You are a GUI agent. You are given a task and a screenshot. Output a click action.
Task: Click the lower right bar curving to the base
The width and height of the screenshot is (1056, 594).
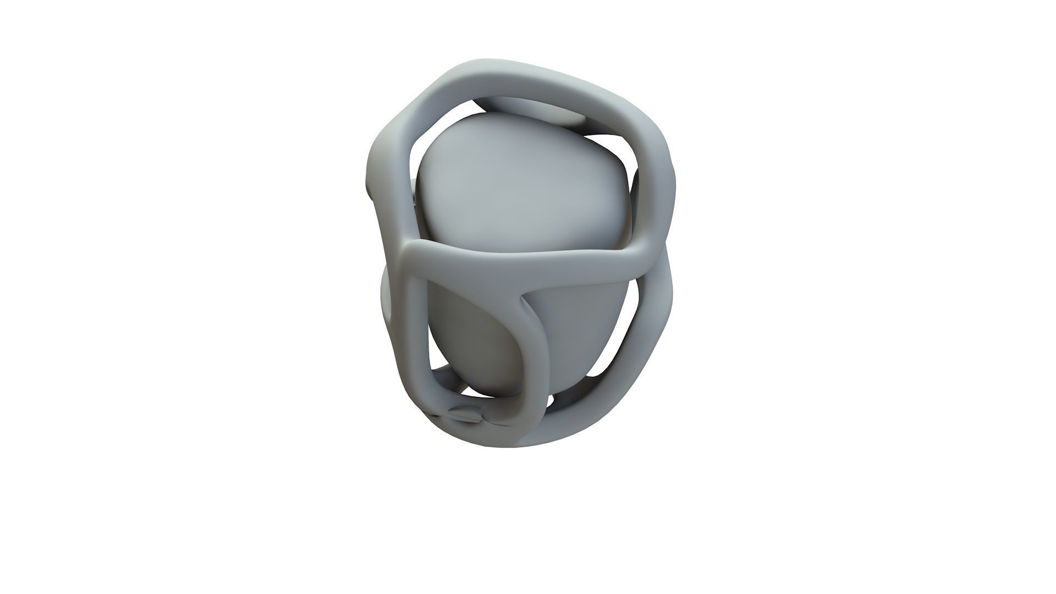643,341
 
